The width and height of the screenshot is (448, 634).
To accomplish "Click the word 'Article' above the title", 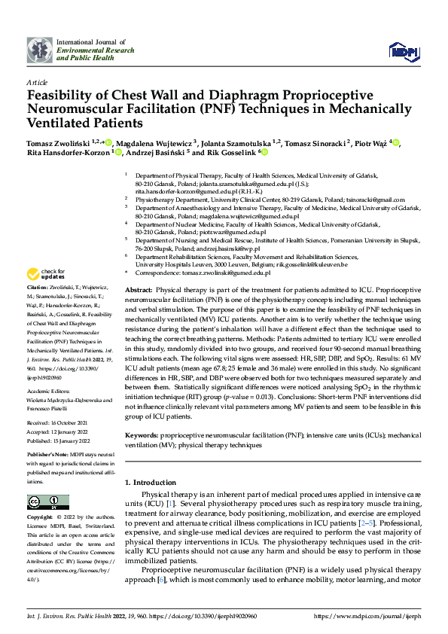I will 37,82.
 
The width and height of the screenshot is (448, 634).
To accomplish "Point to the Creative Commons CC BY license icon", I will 43,502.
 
